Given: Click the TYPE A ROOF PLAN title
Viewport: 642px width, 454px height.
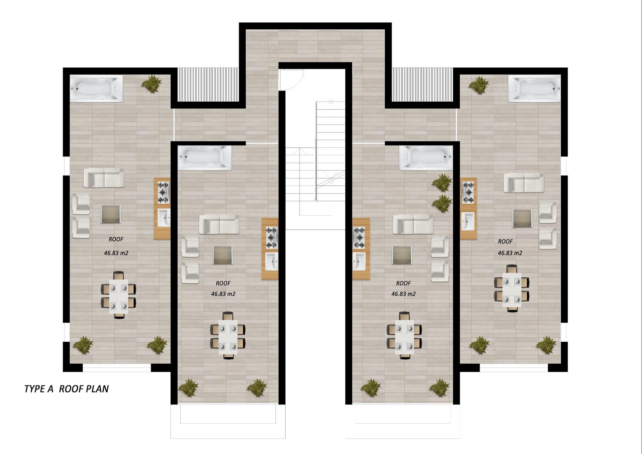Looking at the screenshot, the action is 67,389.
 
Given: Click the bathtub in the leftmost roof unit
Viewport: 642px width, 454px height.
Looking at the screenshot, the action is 96,88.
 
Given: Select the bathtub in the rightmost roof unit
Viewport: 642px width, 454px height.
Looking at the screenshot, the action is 534,88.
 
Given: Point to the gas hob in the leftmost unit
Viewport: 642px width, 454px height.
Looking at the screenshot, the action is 163,193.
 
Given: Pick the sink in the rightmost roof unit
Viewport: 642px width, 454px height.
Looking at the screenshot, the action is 467,221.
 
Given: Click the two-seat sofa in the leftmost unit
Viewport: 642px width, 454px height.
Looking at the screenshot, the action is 104,178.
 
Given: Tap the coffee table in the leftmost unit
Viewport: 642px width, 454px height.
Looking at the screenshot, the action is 111,214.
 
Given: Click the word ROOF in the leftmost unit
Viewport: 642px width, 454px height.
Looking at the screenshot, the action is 116,239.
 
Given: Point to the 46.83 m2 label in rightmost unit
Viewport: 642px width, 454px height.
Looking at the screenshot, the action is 510,253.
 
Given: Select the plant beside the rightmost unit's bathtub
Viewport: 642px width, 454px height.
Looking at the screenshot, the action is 478,85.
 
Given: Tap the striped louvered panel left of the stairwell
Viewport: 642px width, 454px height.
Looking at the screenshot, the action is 208,85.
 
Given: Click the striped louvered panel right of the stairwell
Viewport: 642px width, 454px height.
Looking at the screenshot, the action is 422,85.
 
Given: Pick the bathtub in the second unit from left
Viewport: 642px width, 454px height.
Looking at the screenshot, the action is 205,158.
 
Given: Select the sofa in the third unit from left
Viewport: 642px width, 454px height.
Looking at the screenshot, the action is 413,224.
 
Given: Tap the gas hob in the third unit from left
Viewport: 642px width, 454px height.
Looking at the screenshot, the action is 359,237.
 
